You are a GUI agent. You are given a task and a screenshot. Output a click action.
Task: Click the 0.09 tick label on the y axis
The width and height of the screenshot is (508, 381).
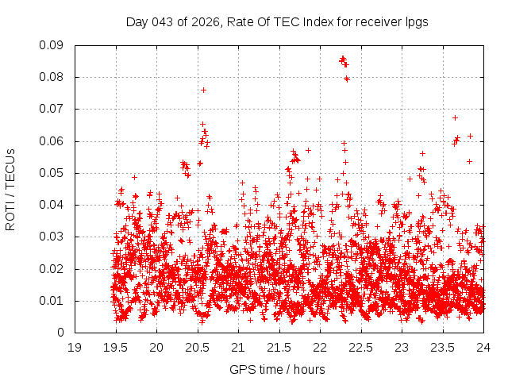coord(52,45)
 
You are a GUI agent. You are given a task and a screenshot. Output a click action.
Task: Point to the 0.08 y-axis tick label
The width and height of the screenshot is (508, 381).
coord(52,77)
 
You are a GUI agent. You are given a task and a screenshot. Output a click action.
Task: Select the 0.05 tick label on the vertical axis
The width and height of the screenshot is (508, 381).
coord(52,173)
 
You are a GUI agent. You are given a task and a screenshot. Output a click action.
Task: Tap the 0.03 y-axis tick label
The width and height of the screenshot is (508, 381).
coord(52,237)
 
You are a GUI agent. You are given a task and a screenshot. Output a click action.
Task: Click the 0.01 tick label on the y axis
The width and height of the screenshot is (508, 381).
coord(52,301)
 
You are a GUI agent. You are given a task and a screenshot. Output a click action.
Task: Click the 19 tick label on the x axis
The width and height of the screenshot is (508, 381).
coord(75,347)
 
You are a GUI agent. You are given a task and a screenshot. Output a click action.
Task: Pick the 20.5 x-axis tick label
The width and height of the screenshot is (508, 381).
coord(198,347)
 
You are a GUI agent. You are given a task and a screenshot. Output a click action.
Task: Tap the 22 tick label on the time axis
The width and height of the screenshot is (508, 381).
coord(320,347)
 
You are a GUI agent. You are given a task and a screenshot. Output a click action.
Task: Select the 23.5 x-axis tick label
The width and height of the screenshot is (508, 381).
coord(443,347)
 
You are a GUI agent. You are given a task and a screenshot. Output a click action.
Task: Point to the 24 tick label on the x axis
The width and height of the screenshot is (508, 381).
coord(483,347)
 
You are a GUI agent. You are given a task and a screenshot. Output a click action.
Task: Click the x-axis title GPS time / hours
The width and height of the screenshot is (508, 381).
coord(277,369)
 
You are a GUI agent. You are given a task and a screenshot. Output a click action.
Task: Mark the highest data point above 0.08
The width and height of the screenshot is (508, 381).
coord(342,58)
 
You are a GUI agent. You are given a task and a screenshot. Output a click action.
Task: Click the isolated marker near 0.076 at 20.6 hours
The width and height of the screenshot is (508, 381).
coord(203,90)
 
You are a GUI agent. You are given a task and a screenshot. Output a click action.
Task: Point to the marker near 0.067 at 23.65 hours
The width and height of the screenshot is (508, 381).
coord(455,117)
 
